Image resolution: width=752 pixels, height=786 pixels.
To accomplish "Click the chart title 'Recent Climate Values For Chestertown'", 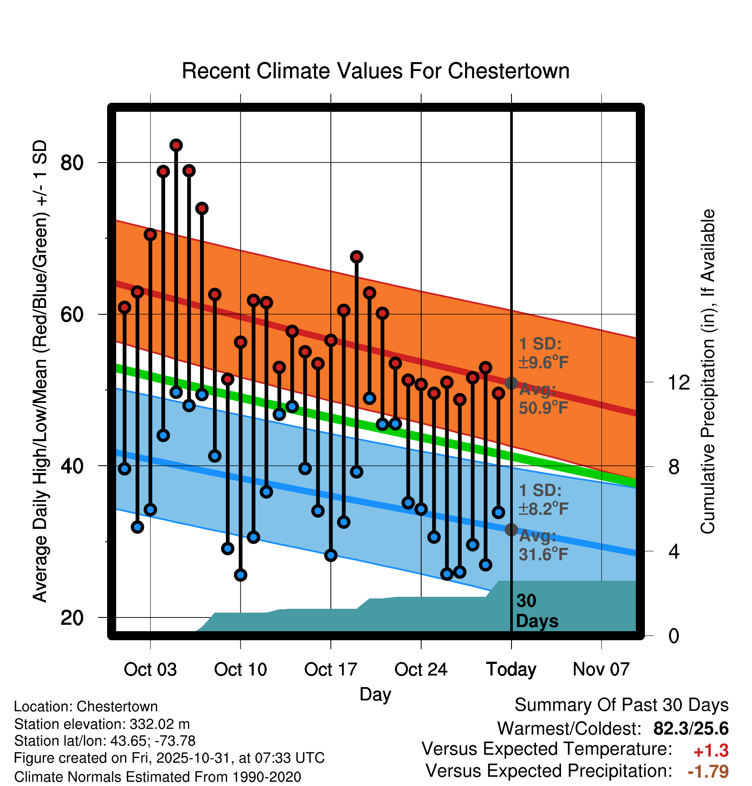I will click(x=376, y=71).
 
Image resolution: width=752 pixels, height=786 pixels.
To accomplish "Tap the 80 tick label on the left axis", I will click(x=72, y=163).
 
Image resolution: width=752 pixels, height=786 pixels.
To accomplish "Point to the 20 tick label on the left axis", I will click(x=72, y=618).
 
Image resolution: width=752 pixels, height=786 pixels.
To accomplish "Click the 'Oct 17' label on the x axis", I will click(x=330, y=669).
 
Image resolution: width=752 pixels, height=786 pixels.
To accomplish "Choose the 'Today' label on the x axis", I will click(x=511, y=669).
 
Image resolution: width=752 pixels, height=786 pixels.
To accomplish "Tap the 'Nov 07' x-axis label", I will click(x=601, y=669).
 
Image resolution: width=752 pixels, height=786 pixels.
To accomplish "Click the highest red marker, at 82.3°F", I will click(x=176, y=145).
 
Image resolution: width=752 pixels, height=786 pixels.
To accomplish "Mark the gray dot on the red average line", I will click(x=511, y=383).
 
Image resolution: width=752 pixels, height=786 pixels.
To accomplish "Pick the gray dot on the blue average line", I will click(x=511, y=529).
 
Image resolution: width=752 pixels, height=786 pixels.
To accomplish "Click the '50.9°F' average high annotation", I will click(x=543, y=408).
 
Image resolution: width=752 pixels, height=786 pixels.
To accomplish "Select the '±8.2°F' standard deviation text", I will click(x=543, y=509).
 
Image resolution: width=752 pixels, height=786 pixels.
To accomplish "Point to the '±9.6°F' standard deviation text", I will click(x=543, y=362).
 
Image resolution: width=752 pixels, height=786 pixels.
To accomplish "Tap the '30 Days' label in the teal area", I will click(x=536, y=611).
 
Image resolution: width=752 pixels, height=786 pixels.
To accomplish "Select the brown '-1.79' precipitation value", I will click(x=708, y=772).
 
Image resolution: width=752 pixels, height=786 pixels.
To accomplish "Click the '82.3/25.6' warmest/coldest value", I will click(x=690, y=729).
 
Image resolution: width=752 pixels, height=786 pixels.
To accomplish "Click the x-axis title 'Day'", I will click(x=375, y=694).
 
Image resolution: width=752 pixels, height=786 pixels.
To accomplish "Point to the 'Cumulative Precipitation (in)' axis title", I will click(x=708, y=372).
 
